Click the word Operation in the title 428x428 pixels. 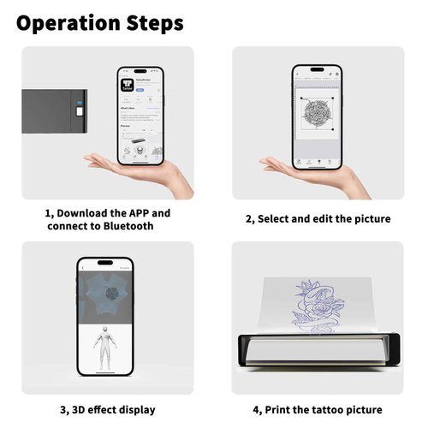pyautogui.click(x=69, y=23)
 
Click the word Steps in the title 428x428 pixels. pyautogui.click(x=154, y=23)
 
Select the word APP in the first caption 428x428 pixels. pyautogui.click(x=137, y=212)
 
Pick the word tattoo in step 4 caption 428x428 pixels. pyautogui.click(x=324, y=410)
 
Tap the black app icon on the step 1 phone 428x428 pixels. pyautogui.click(x=128, y=85)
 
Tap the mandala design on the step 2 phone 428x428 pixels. pyautogui.click(x=318, y=113)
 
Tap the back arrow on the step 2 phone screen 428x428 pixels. pyautogui.click(x=298, y=75)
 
